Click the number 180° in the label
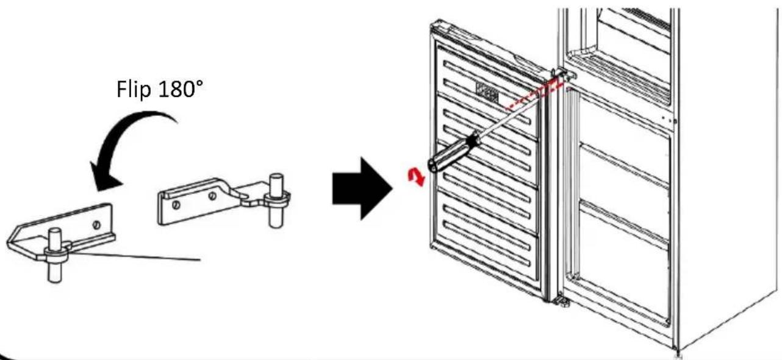[x=181, y=88]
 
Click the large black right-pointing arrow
[x=362, y=189]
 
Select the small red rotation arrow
[x=416, y=177]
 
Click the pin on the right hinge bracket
[x=276, y=200]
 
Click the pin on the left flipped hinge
[x=55, y=254]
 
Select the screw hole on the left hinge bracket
[x=97, y=225]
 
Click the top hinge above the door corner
[x=563, y=74]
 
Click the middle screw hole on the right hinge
[x=212, y=196]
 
